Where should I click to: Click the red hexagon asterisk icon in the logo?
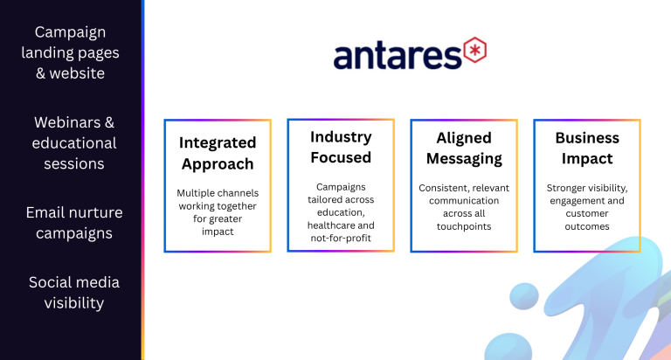coord(474,50)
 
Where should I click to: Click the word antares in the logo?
coord(398,55)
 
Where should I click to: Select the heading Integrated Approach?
coord(218,153)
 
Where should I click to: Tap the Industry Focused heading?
coord(341,148)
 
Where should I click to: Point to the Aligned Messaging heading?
coord(464,149)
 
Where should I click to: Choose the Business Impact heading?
coord(587,149)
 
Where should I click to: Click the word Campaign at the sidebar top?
coord(70,33)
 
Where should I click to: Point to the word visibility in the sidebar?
coord(74,303)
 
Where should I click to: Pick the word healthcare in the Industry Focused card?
coord(329,225)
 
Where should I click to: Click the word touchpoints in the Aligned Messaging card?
coord(464,227)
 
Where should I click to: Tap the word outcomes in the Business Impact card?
coord(587,226)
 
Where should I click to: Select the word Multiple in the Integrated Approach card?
coord(192,193)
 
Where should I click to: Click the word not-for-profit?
coord(341,238)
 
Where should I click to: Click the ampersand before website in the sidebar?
coord(41,73)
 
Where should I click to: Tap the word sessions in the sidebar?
coord(74,163)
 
